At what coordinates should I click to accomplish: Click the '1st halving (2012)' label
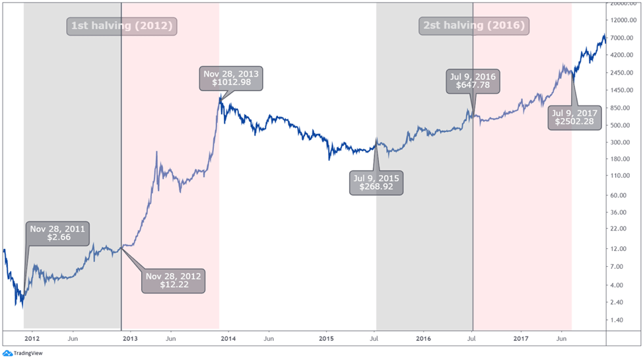[x=121, y=26]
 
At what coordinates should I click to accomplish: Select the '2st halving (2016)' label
[x=473, y=26]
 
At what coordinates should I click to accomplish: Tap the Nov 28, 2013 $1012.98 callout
[x=230, y=79]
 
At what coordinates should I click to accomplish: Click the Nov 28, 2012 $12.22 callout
[x=174, y=281]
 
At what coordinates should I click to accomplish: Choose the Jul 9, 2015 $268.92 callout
[x=377, y=182]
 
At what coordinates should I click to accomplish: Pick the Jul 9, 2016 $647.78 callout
[x=473, y=82]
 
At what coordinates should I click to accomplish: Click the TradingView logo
[x=22, y=353]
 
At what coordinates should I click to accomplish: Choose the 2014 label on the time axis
[x=228, y=338]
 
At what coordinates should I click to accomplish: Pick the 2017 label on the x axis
[x=521, y=338]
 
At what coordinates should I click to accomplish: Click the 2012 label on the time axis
[x=33, y=338]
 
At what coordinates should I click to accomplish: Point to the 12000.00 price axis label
[x=624, y=20]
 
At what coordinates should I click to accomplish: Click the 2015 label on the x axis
[x=326, y=338]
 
